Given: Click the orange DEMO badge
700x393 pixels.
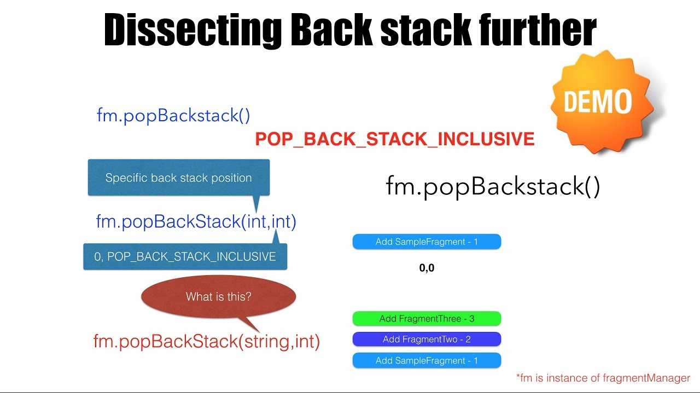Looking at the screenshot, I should coord(597,102).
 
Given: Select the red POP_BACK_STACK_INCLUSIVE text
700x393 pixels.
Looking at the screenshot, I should coord(395,139).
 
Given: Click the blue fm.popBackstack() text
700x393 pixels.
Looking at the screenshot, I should coord(173,116).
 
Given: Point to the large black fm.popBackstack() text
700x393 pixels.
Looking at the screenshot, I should coord(493,187).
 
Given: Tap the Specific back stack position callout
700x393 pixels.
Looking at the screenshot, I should coord(179,177).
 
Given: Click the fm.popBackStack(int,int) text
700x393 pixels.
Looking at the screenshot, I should coord(196,222).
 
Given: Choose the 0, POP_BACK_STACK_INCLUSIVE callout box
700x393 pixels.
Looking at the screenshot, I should coord(185,257).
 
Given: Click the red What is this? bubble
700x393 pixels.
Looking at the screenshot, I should coord(218,297).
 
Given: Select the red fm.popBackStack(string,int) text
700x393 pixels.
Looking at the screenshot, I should coord(207,342).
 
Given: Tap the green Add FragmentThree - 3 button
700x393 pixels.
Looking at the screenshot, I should coord(427,319).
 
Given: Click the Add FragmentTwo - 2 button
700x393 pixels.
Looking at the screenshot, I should coord(427,340).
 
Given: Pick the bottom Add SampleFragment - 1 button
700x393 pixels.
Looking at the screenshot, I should coord(427,360).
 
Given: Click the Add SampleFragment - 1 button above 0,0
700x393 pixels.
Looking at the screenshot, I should coord(427,242).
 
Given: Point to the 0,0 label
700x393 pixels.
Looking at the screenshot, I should coord(427,268).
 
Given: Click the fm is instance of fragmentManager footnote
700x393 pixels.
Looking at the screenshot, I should coord(603,378).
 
